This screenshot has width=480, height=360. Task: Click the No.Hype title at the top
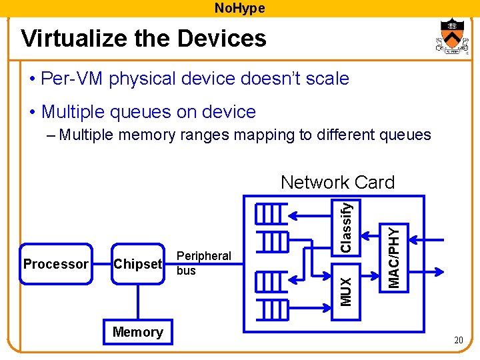pos(239,8)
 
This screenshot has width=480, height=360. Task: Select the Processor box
pos(56,264)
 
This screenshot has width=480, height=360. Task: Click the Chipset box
pos(138,264)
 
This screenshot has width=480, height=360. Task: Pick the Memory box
pos(138,332)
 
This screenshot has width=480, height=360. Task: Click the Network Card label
pos(337,182)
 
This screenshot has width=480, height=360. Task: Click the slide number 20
pos(459,341)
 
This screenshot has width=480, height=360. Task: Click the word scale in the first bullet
pos(323,79)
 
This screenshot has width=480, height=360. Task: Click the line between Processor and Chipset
pos(101,264)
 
